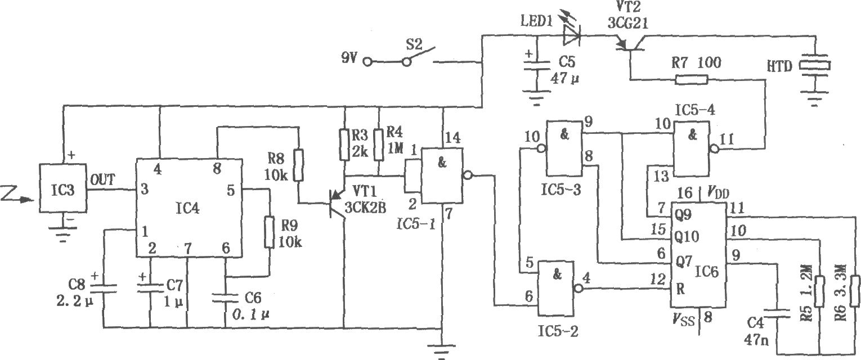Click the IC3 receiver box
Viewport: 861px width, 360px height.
(62, 188)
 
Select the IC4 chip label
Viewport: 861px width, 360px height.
(187, 208)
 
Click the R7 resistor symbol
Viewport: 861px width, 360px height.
(692, 79)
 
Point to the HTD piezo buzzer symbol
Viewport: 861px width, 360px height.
(815, 66)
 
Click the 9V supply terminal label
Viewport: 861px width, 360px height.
(349, 58)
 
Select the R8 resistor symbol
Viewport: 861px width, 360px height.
(298, 165)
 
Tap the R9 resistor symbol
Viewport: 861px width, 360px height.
(270, 232)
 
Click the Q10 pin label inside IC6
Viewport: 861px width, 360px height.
(687, 236)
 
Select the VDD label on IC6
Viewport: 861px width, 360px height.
(717, 192)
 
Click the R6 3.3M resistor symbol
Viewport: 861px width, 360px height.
(855, 291)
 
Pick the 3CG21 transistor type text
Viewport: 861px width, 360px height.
(627, 24)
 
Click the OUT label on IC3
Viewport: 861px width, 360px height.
(102, 180)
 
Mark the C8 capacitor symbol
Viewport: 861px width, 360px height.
(103, 288)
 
